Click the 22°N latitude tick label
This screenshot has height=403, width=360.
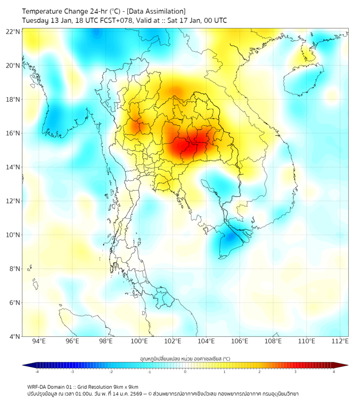13,32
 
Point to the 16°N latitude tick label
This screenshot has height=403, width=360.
13,133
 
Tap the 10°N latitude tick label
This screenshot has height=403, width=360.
13,235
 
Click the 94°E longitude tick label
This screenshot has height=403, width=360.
39,342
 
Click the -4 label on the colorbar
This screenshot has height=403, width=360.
36,372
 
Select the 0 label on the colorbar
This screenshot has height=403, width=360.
185,372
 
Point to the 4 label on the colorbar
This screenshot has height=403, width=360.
334,372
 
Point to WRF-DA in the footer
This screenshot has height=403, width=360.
37,386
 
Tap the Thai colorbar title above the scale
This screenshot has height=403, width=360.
185,359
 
